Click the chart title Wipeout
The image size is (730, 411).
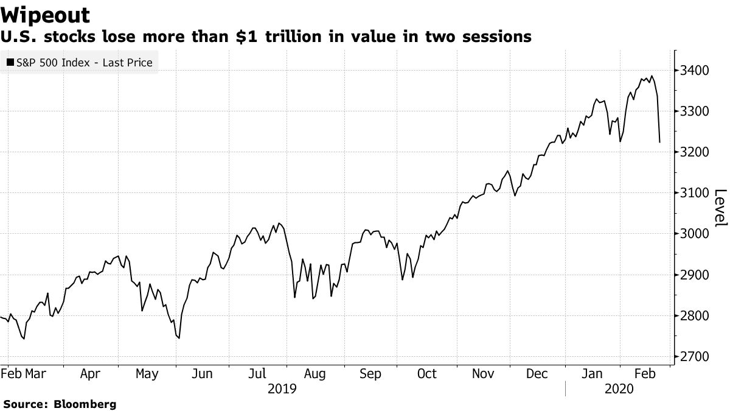[46, 15]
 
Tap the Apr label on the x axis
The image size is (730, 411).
[90, 374]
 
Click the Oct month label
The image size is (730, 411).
[427, 374]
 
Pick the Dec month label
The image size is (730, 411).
[538, 374]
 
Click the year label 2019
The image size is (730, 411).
[282, 388]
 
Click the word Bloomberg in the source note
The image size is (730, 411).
[85, 404]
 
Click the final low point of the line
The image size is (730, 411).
[659, 142]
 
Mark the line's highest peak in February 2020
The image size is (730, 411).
[652, 76]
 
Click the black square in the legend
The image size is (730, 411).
[11, 62]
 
